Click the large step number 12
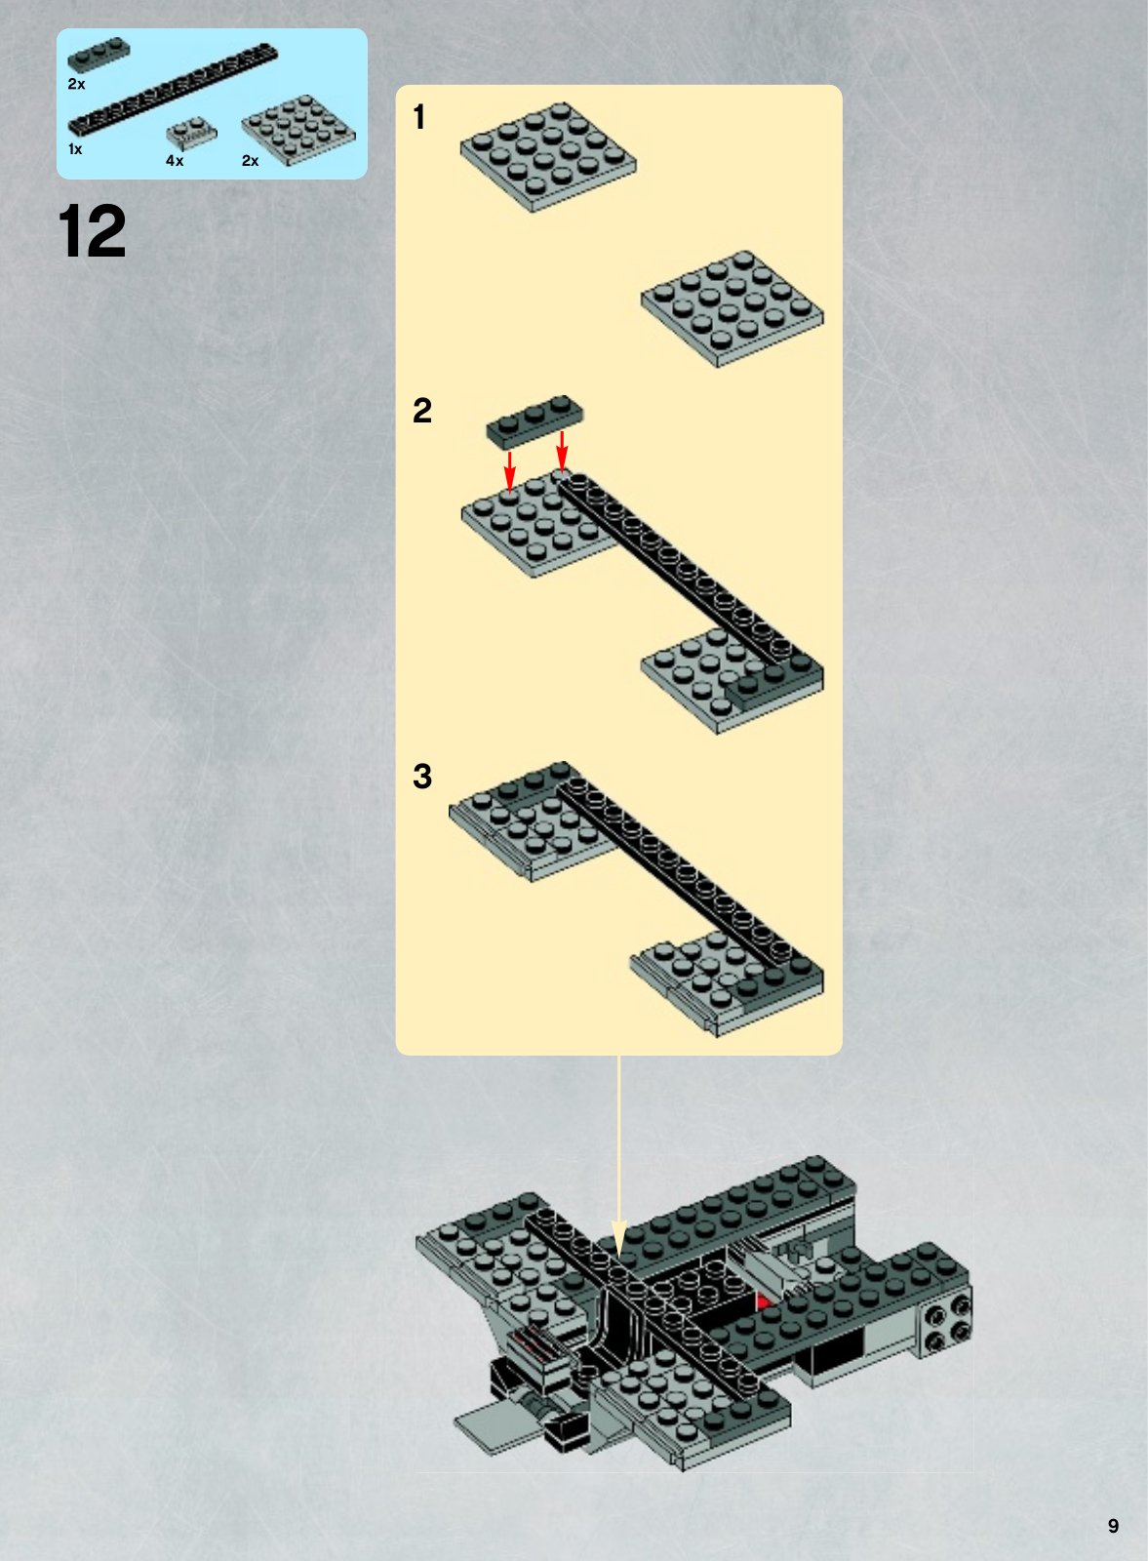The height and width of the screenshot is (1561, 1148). pyautogui.click(x=92, y=231)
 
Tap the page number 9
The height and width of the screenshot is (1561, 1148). pyautogui.click(x=1113, y=1526)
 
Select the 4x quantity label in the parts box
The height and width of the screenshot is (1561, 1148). pyautogui.click(x=175, y=161)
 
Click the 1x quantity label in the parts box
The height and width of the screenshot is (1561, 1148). pyautogui.click(x=75, y=149)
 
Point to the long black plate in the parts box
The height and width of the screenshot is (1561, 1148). pyautogui.click(x=173, y=89)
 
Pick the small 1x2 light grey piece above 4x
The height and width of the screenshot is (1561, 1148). pyautogui.click(x=191, y=133)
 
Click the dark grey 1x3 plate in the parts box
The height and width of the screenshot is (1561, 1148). pyautogui.click(x=99, y=55)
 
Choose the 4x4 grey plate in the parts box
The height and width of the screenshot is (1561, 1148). pyautogui.click(x=298, y=131)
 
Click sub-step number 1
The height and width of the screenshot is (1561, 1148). pyautogui.click(x=418, y=117)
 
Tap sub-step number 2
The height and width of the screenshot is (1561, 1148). pyautogui.click(x=422, y=411)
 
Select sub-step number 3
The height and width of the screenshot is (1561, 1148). pyautogui.click(x=422, y=777)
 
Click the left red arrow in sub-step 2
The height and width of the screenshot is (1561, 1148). pyautogui.click(x=510, y=471)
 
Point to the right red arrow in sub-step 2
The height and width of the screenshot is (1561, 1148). pyautogui.click(x=562, y=450)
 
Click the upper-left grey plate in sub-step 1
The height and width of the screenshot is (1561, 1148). pyautogui.click(x=548, y=157)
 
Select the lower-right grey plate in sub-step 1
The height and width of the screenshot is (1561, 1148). pyautogui.click(x=732, y=308)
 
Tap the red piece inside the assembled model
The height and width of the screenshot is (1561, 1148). pyautogui.click(x=765, y=1301)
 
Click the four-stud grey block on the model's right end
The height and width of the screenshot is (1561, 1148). pyautogui.click(x=945, y=1319)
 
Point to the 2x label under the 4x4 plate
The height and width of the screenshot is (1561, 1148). pyautogui.click(x=250, y=161)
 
